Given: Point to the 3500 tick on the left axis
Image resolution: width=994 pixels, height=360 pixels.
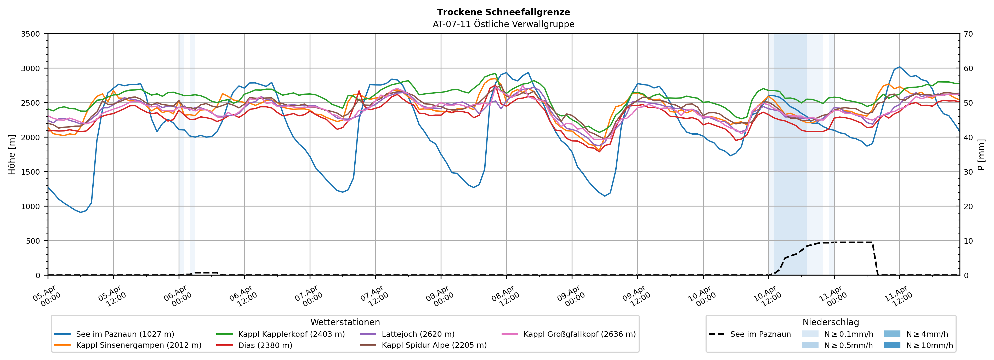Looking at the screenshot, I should click(x=31, y=34).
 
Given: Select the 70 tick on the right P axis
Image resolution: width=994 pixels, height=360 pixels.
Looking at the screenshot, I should click(x=969, y=34).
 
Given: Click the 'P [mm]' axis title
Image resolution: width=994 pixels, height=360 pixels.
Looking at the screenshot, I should click(x=981, y=154).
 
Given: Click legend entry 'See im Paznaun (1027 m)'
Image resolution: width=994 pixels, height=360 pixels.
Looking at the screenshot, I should click(x=125, y=334).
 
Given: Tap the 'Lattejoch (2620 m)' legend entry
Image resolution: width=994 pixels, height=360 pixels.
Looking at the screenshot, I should click(x=418, y=334).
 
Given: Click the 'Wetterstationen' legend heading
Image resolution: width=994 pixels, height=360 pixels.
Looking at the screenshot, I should click(x=345, y=322).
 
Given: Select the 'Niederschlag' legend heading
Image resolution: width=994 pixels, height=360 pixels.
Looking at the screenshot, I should click(x=830, y=322).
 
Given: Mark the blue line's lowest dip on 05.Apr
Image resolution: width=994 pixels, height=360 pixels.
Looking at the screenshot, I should click(x=81, y=212).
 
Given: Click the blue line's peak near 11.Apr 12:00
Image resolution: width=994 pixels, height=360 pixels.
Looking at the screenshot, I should click(x=899, y=67).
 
